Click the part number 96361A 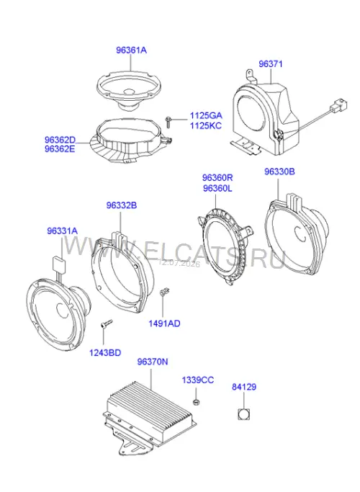point(131,50)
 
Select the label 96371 point(270,64)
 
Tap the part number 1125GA point(206,115)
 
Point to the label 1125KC point(206,126)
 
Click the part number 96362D point(60,140)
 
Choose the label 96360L point(217,189)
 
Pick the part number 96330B point(279,171)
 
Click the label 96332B point(122,205)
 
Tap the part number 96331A point(62,231)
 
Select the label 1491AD point(164,323)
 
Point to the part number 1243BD point(105,353)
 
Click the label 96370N point(153,362)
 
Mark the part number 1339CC point(198,380)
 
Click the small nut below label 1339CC point(197,402)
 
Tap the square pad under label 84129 point(243,414)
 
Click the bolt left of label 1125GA point(168,122)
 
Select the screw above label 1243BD point(107,323)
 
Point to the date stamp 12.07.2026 point(179,263)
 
